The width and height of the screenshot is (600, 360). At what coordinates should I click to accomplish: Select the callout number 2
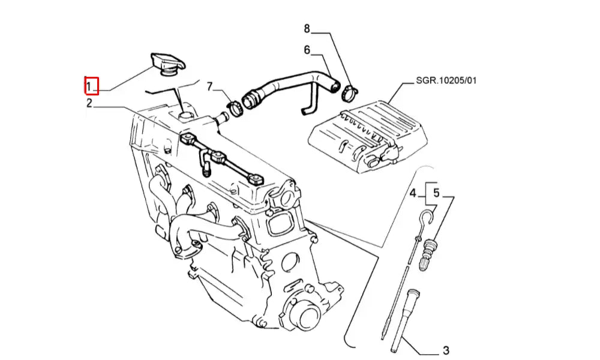pos(89,103)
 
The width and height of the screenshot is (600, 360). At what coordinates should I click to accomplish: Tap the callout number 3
pos(446,350)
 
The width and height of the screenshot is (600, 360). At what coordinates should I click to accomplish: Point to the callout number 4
pos(413,194)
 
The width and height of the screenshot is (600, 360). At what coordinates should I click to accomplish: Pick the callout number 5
pos(436,194)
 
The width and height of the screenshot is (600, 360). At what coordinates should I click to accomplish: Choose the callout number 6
pos(307,50)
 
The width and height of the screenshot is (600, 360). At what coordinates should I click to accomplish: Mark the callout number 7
pos(209,86)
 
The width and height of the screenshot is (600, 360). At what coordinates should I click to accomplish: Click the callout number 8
pos(307,28)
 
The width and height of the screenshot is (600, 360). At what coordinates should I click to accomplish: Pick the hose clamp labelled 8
pos(349,94)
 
